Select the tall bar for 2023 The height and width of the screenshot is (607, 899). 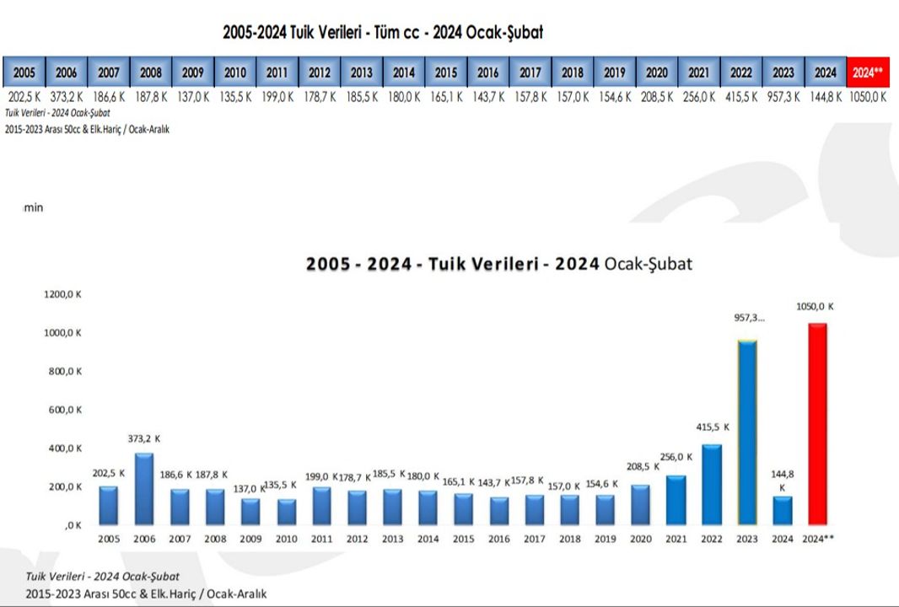pyautogui.click(x=747, y=432)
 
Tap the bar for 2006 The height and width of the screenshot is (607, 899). pyautogui.click(x=143, y=489)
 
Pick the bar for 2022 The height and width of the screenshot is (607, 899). pyautogui.click(x=711, y=484)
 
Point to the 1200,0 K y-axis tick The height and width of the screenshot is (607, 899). pyautogui.click(x=63, y=294)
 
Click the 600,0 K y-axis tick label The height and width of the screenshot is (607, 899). pyautogui.click(x=63, y=410)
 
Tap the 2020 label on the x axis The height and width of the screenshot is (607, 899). pyautogui.click(x=640, y=539)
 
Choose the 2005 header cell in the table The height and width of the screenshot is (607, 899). pyautogui.click(x=24, y=73)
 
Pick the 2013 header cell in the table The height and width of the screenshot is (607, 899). pyautogui.click(x=361, y=73)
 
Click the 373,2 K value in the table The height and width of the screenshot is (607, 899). pyautogui.click(x=66, y=97)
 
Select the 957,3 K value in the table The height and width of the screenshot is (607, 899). pyautogui.click(x=783, y=97)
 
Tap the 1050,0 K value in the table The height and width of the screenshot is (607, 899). pyautogui.click(x=868, y=97)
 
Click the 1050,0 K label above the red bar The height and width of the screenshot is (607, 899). pyautogui.click(x=816, y=306)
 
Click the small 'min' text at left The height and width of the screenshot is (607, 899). pyautogui.click(x=33, y=207)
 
